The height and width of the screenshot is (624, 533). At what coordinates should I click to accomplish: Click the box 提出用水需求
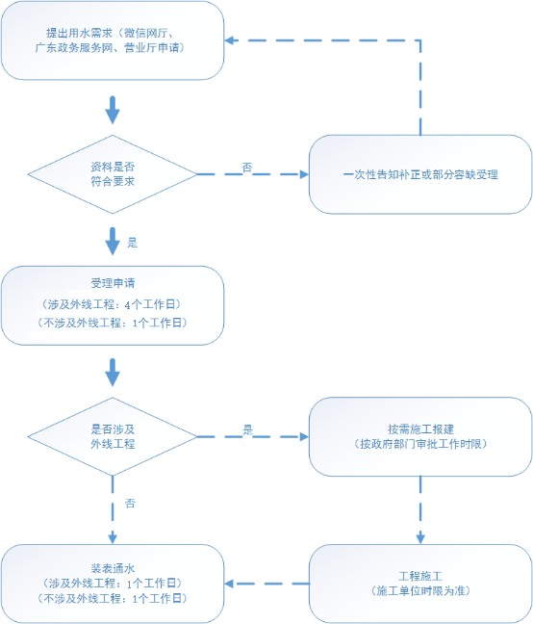pyautogui.click(x=113, y=40)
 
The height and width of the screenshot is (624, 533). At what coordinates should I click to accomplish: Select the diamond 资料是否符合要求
pyautogui.click(x=113, y=174)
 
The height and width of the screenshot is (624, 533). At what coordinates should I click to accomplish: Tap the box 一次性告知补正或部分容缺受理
pyautogui.click(x=420, y=174)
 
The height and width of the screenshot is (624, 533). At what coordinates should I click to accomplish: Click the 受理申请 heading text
pyautogui.click(x=113, y=283)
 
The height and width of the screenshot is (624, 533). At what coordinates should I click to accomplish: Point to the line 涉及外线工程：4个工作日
pyautogui.click(x=112, y=304)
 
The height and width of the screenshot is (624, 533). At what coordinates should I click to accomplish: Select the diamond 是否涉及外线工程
pyautogui.click(x=113, y=436)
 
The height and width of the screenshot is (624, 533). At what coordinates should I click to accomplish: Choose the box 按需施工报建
pyautogui.click(x=420, y=436)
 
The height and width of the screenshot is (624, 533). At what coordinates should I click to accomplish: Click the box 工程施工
pyautogui.click(x=420, y=584)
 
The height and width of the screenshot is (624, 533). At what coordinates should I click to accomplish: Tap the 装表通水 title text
pyautogui.click(x=113, y=568)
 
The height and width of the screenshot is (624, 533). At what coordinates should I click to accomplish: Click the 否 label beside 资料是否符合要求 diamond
pyautogui.click(x=247, y=168)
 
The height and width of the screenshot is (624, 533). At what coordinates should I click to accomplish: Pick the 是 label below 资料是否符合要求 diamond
pyautogui.click(x=133, y=243)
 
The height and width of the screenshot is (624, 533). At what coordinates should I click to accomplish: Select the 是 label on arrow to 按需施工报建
pyautogui.click(x=247, y=429)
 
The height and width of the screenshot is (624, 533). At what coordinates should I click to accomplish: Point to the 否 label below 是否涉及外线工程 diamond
pyautogui.click(x=130, y=504)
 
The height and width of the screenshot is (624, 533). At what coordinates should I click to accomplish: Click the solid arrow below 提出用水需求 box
pyautogui.click(x=113, y=110)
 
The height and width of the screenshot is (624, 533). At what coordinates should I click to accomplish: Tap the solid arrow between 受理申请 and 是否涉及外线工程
pyautogui.click(x=113, y=372)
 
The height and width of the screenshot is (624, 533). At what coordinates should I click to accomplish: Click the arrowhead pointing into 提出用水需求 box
pyautogui.click(x=229, y=40)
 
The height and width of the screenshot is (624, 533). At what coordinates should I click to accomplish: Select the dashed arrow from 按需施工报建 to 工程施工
pyautogui.click(x=420, y=509)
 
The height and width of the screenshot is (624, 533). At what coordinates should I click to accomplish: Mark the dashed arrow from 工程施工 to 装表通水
pyautogui.click(x=266, y=584)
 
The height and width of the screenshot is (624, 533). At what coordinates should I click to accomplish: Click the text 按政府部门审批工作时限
pyautogui.click(x=420, y=444)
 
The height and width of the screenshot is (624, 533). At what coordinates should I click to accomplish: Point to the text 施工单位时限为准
pyautogui.click(x=420, y=590)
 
